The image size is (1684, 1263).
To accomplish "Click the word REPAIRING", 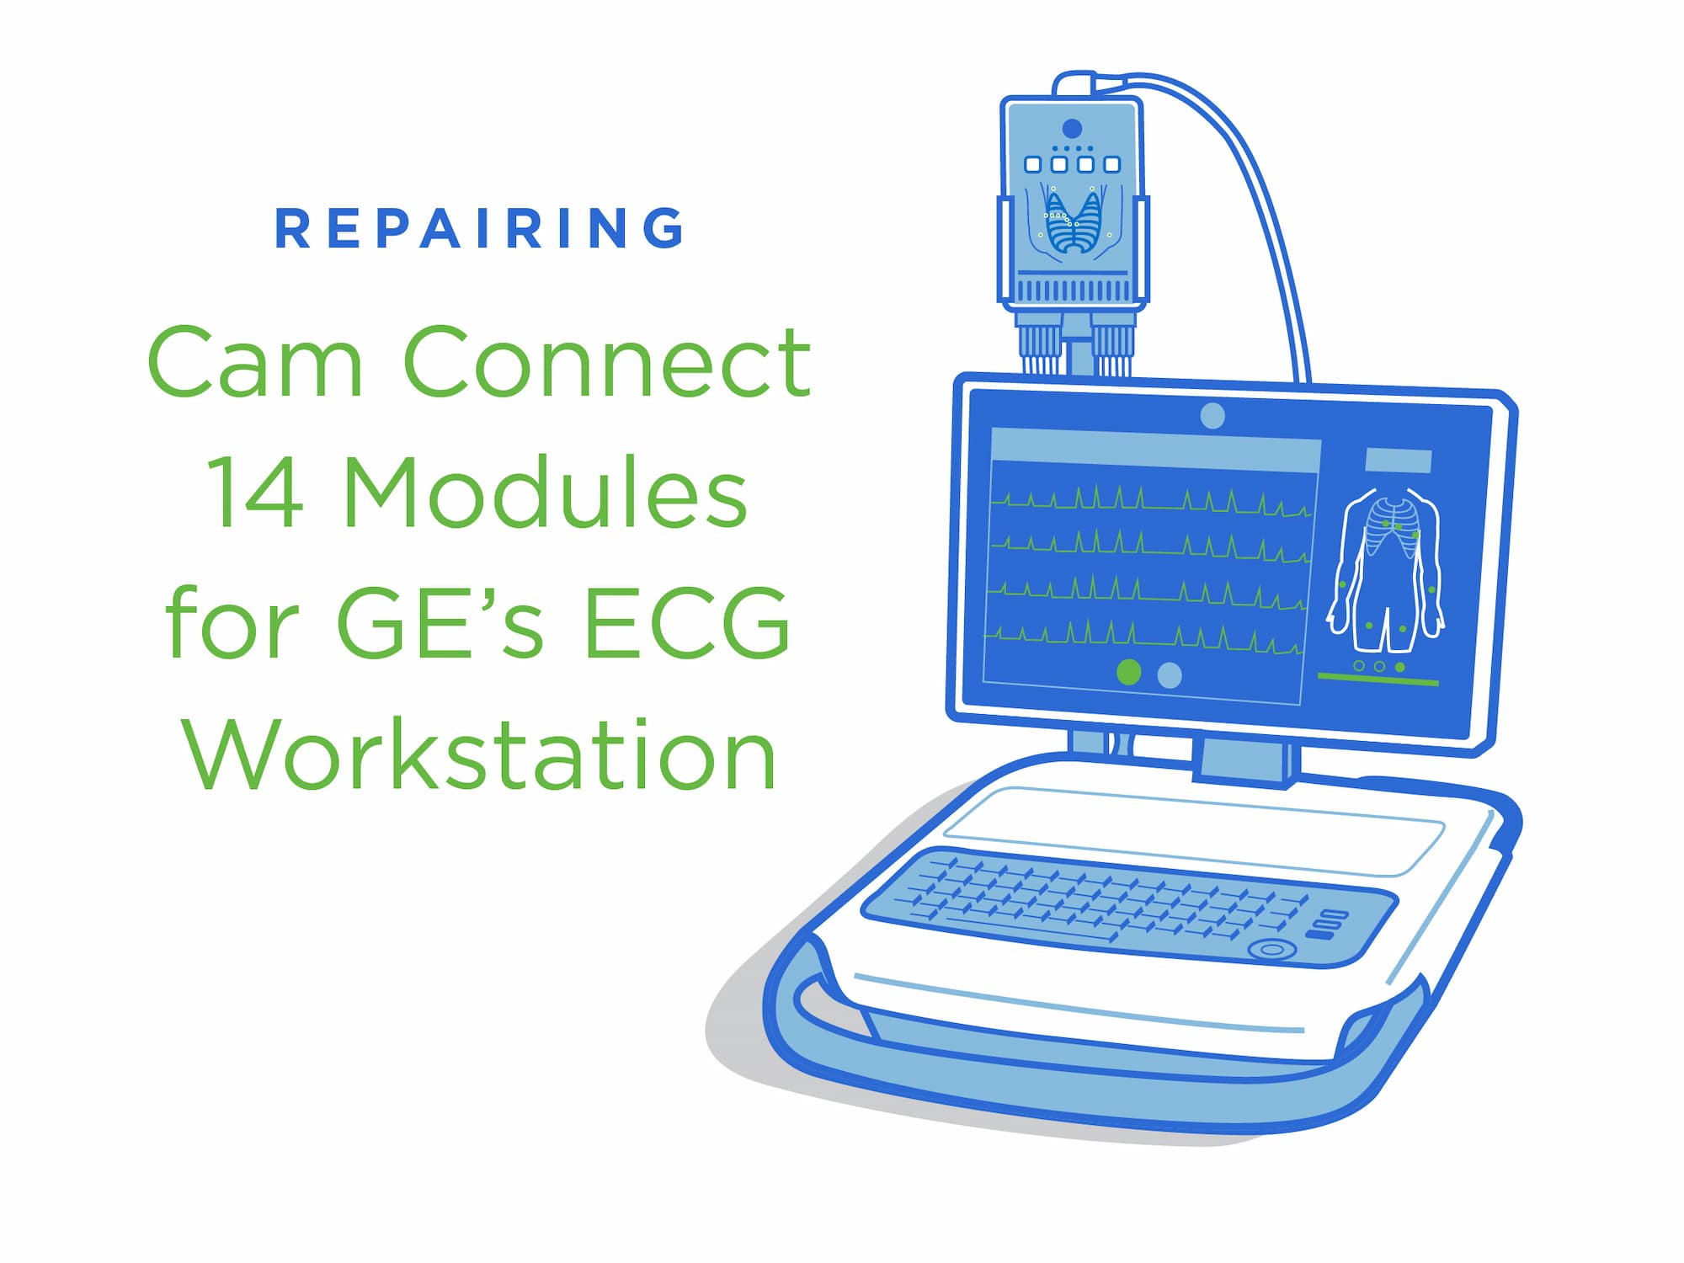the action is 479,228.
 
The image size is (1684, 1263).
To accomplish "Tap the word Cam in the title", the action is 255,362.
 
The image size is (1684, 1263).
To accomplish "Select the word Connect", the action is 607,362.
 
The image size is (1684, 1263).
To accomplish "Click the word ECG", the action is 686,623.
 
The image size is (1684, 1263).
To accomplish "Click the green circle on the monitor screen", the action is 1128,672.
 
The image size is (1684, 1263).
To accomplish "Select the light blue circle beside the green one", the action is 1170,674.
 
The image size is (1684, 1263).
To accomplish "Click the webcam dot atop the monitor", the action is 1212,416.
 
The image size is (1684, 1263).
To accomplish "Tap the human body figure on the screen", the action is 1386,573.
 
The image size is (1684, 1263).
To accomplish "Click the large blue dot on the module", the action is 1072,128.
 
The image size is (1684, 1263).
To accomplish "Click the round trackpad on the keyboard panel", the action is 1272,950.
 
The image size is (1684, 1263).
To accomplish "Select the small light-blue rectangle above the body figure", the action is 1398,461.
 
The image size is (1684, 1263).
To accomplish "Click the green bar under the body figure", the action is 1378,679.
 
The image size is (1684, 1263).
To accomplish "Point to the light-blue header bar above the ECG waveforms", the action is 1155,450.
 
